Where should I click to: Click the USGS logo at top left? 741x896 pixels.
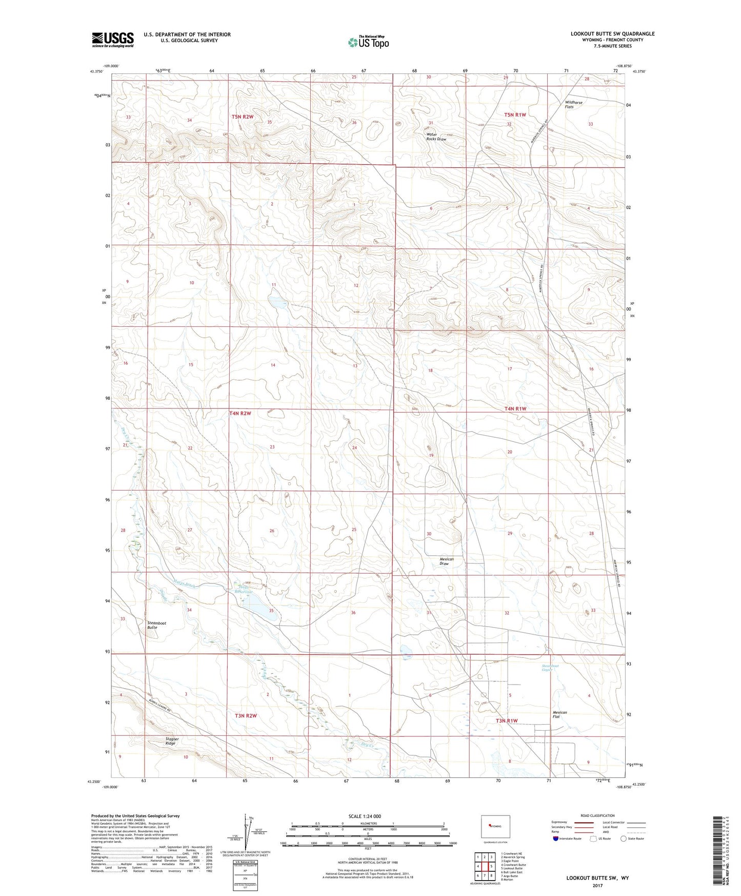pyautogui.click(x=113, y=39)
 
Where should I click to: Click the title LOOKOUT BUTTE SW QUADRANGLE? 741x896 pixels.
pyautogui.click(x=612, y=34)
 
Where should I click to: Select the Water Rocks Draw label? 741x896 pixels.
pyautogui.click(x=436, y=137)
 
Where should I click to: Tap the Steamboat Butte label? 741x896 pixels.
pyautogui.click(x=156, y=625)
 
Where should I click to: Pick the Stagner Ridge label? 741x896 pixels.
pyautogui.click(x=171, y=741)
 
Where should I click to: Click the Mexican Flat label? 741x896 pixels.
pyautogui.click(x=559, y=714)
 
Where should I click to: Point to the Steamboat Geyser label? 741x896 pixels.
pyautogui.click(x=551, y=668)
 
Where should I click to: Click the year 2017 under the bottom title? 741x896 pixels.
pyautogui.click(x=597, y=886)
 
